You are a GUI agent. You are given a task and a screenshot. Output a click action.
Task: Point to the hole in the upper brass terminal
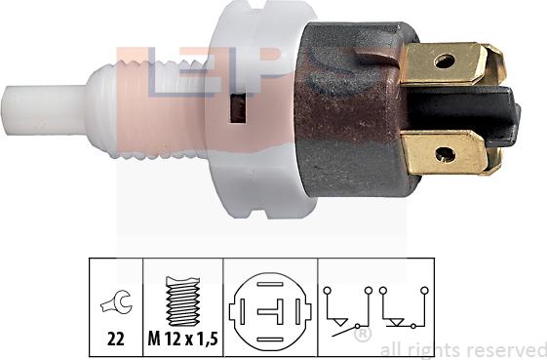[445, 61]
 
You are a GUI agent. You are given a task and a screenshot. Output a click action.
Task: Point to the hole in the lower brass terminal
[444, 153]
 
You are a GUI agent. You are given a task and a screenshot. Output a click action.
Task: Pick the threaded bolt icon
[183, 299]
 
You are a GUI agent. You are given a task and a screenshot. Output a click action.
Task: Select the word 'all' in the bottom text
[389, 348]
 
